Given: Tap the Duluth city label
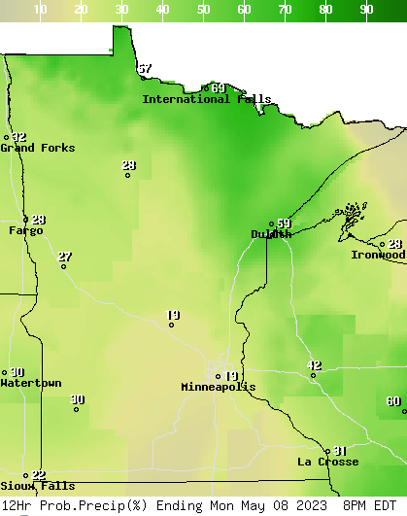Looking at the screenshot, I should coord(271,234).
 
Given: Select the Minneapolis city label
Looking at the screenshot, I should coord(218,387).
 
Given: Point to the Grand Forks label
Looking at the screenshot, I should coord(37,148).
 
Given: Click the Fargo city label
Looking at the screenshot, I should coord(26,231).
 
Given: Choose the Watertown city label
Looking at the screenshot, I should coord(31,383).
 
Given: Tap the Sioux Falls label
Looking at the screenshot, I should coord(37,486).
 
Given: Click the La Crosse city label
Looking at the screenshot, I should coord(327,462).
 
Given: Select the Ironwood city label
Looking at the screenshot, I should coord(378,255).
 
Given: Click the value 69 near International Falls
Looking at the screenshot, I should coord(219,88).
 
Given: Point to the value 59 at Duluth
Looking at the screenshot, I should coord(284,224).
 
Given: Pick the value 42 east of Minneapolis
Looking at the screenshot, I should coord(314,365).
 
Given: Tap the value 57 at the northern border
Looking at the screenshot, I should coord(145,69).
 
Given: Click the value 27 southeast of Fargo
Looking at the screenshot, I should coord(64,258).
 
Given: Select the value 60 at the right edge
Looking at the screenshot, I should coord(392,401).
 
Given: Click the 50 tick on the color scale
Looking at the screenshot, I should coord(203,10).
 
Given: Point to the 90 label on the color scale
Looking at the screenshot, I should coord(366,10).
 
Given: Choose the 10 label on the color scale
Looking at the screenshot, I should coord(40,10).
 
